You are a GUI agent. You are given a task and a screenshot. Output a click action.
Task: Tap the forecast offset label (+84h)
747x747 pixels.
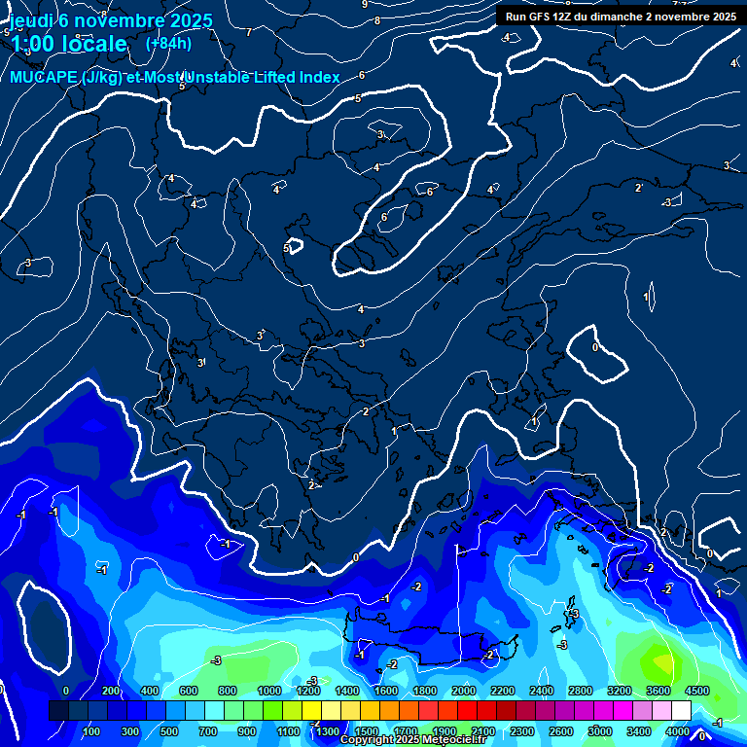coord(168,43)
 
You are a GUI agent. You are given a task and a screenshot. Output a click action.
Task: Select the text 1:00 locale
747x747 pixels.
coord(69,44)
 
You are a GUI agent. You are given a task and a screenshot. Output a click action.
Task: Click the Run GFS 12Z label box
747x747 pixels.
coord(620,16)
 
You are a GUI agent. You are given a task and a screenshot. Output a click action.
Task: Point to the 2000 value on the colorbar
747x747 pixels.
coord(464,691)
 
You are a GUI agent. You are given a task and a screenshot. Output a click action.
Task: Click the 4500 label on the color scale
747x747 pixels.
coord(696,691)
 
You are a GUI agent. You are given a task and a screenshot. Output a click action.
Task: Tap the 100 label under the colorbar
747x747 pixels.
coord(91,731)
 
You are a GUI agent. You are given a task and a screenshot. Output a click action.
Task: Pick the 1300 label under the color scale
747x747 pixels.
coord(327,731)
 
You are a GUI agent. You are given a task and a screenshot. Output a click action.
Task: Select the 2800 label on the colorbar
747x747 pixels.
coord(580,691)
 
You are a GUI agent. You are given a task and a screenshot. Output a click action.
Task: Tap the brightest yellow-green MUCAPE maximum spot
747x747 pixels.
coord(661,662)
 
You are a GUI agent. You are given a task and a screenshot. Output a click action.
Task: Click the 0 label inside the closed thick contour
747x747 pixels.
coord(595,346)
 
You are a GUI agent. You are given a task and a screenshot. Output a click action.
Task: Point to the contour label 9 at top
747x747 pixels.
coord(365,4)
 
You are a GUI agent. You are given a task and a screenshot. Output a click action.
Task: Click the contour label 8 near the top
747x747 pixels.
coord(377,19)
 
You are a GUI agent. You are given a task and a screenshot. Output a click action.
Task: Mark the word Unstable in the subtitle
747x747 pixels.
coord(215,78)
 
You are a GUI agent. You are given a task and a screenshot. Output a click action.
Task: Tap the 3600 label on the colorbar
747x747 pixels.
coord(658,691)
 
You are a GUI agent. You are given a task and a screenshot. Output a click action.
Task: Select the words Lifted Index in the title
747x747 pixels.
coord(292,78)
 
